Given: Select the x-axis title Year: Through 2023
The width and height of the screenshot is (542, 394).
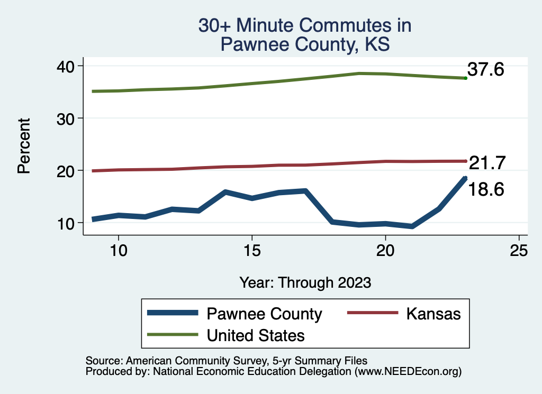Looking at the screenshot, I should click(305, 282).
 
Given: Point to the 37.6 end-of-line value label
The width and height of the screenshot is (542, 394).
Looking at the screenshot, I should click(485, 69).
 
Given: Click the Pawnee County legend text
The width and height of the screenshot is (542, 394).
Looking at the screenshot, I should click(264, 314).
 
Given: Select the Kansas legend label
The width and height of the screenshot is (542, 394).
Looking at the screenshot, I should click(433, 314).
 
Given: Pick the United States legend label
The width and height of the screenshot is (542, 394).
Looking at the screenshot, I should click(256, 335).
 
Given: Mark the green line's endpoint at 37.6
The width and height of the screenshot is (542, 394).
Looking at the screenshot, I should click(465, 78).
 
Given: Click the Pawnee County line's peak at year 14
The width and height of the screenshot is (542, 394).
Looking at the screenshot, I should click(225, 192).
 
